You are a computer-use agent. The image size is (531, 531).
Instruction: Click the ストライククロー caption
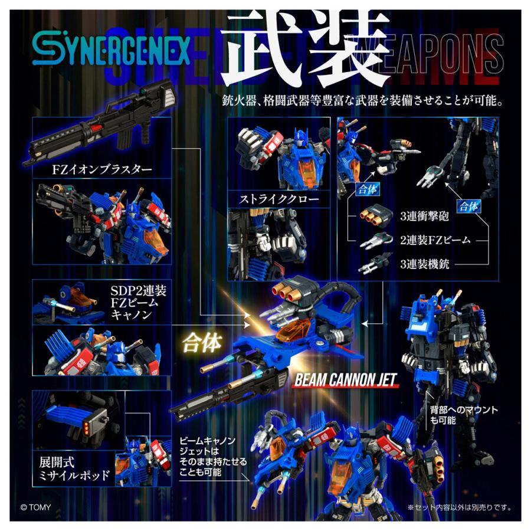[279, 199]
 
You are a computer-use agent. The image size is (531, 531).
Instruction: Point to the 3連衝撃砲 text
[424, 216]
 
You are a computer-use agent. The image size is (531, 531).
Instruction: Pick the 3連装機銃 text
[424, 264]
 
